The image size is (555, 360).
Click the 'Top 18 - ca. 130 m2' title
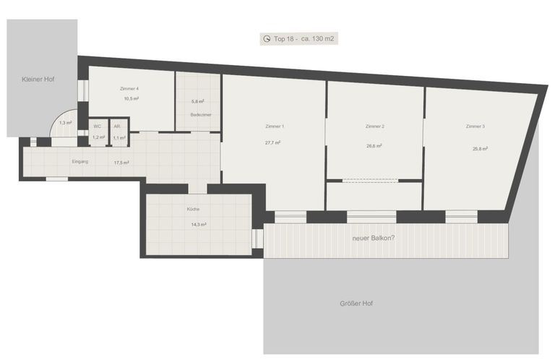pyautogui.click(x=304, y=38)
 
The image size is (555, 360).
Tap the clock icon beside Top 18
pyautogui.click(x=267, y=38)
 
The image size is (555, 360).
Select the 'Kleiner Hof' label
pyautogui.click(x=38, y=80)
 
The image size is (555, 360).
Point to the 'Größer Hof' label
pyautogui.click(x=356, y=304)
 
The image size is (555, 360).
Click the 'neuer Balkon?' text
pyautogui.click(x=374, y=238)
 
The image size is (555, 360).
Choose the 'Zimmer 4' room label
pyautogui.click(x=129, y=88)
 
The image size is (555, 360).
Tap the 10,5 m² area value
pyautogui.click(x=132, y=99)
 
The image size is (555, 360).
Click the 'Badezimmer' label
pyautogui.click(x=201, y=115)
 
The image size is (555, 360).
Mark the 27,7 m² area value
pyautogui.click(x=273, y=142)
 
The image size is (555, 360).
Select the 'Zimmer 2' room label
pyautogui.click(x=375, y=126)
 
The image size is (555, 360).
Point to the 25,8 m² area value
pyautogui.click(x=481, y=149)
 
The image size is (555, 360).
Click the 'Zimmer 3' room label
pyautogui.click(x=476, y=126)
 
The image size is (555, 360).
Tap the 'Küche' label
pyautogui.click(x=193, y=209)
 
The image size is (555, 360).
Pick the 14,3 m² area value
pyautogui.click(x=199, y=224)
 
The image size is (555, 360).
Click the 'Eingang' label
pyautogui.click(x=80, y=161)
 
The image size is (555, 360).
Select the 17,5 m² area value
pyautogui.click(x=121, y=163)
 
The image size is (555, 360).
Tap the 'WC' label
pyautogui.click(x=98, y=127)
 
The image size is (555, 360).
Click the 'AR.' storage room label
pyautogui.click(x=117, y=127)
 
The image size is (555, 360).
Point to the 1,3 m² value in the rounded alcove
pyautogui.click(x=66, y=123)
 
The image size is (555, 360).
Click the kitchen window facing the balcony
pyautogui.click(x=257, y=239)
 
